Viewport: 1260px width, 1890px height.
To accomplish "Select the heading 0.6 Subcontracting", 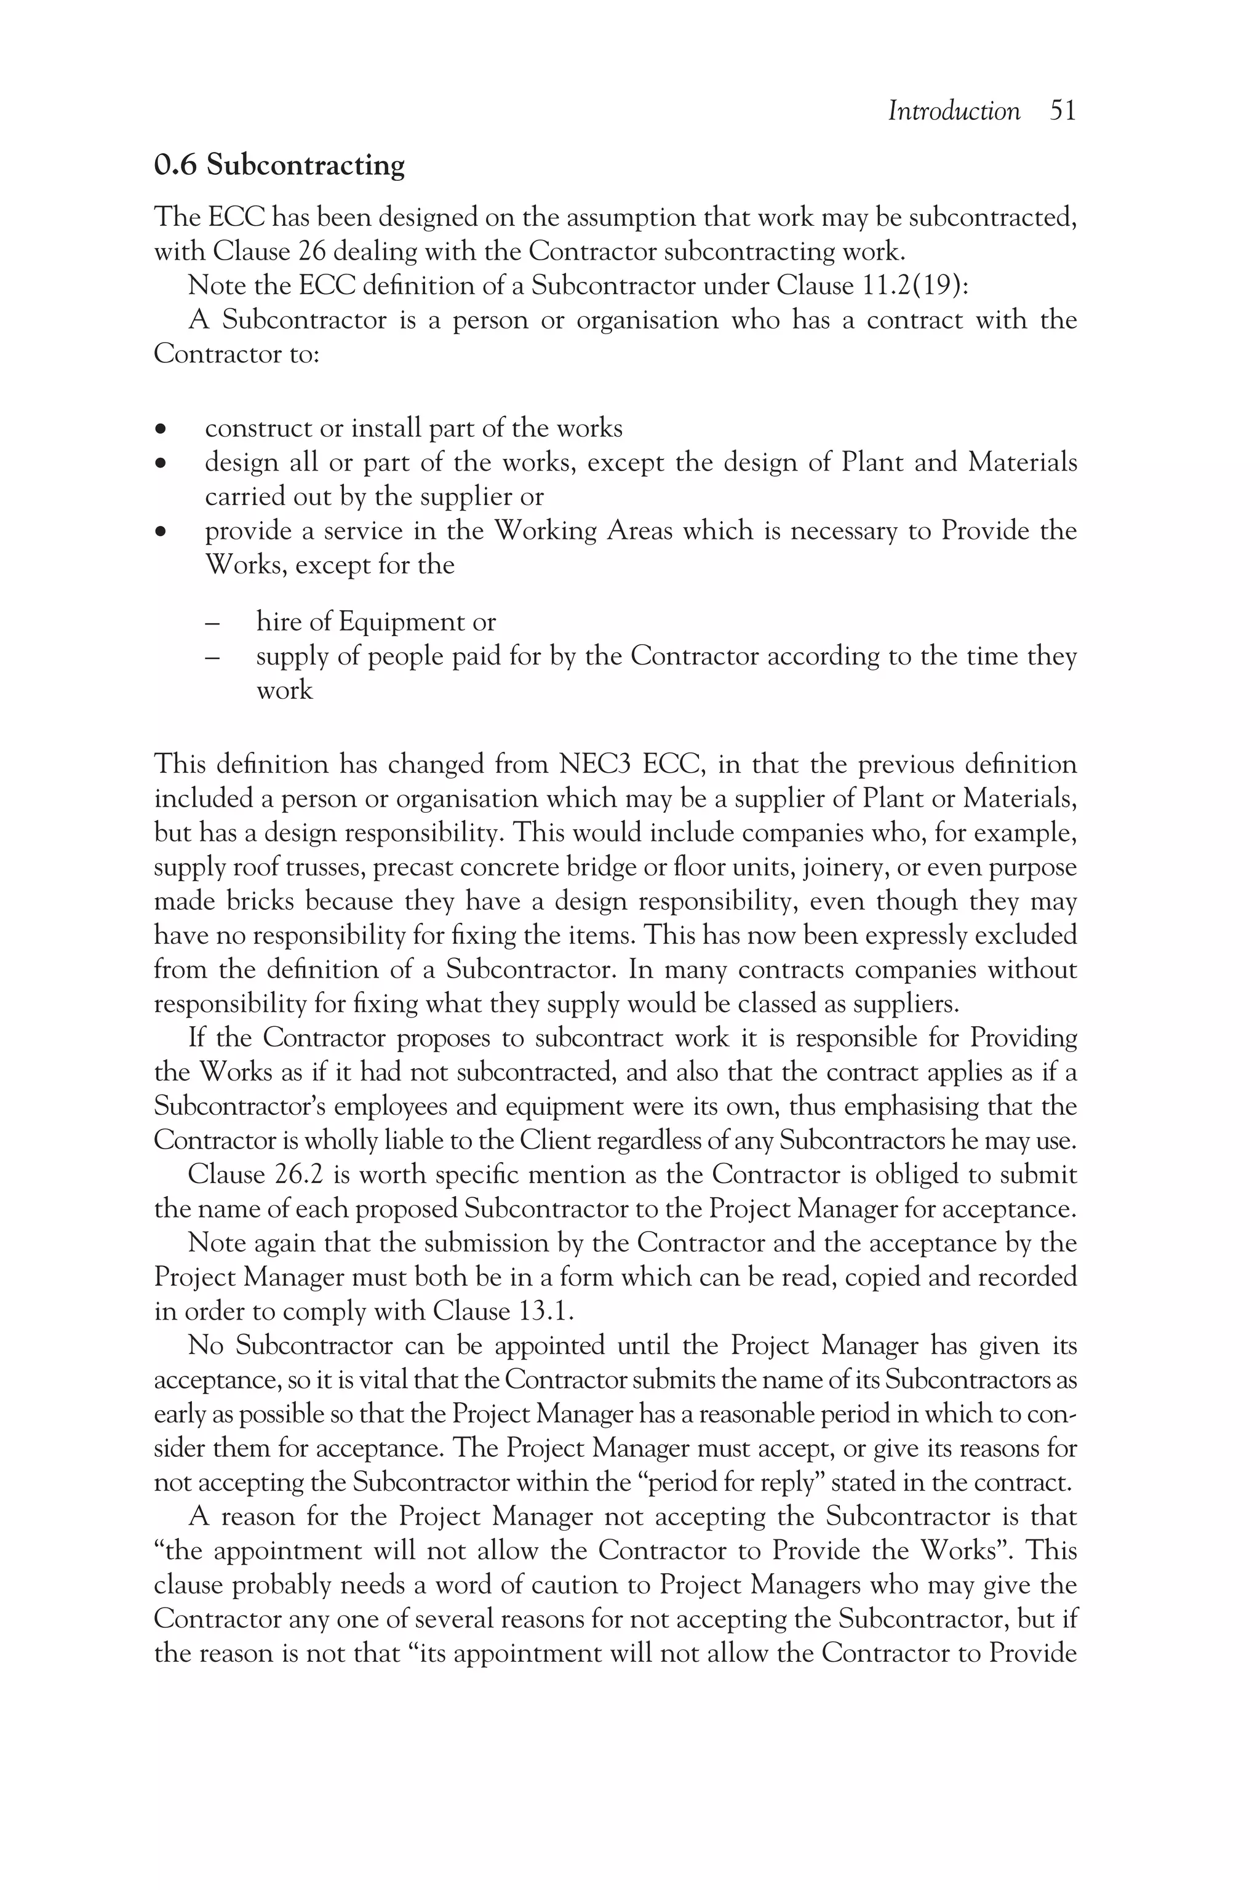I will coord(279,165).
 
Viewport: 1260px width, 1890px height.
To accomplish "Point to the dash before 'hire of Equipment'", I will coord(212,623).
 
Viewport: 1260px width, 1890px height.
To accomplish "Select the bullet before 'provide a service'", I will coord(162,532).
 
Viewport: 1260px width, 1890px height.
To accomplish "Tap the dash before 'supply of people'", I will coord(212,657).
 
